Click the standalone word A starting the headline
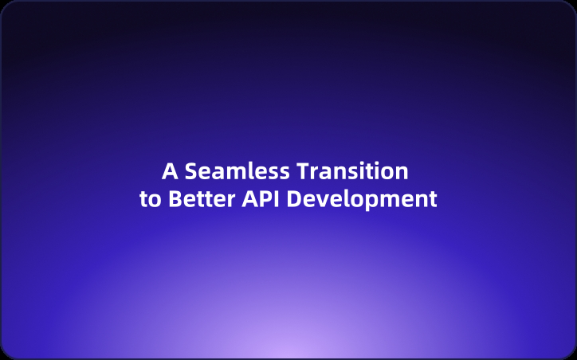(x=169, y=172)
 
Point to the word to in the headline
(x=150, y=199)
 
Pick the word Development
(x=362, y=199)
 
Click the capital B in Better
(x=175, y=199)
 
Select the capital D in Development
(x=294, y=199)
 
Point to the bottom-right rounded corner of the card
(x=571, y=354)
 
